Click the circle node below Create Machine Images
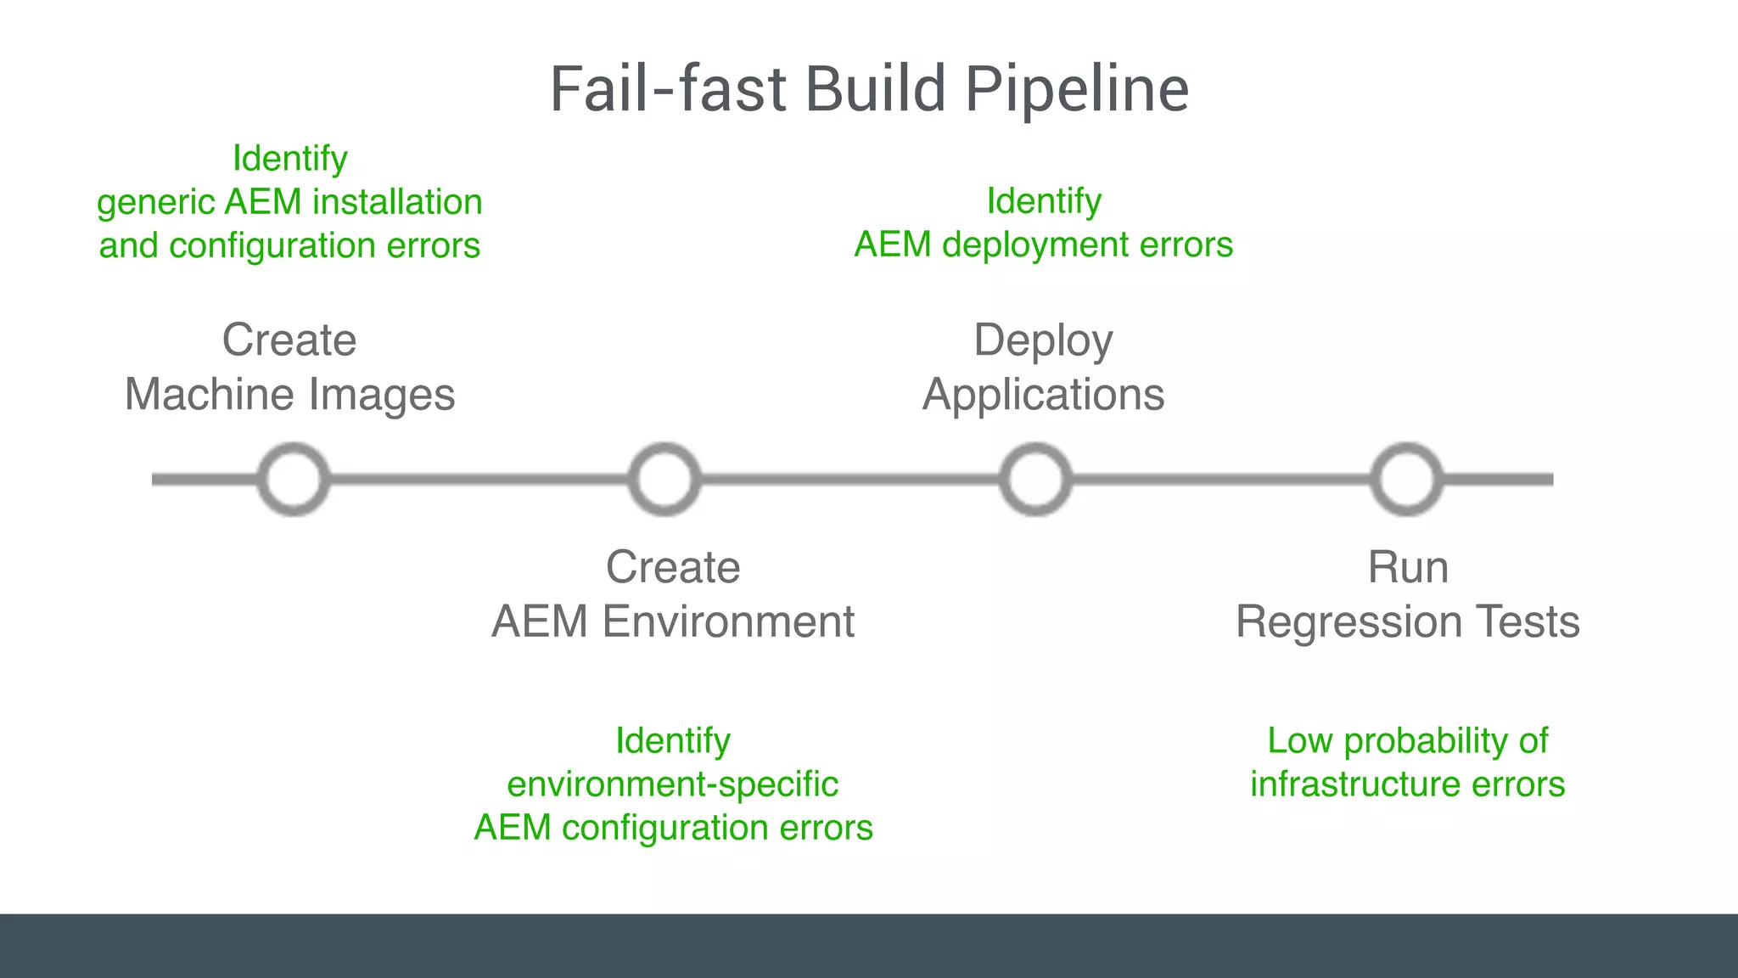294,480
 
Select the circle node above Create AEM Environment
664,480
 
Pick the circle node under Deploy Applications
1035,480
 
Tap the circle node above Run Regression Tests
1407,480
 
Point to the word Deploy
1043,341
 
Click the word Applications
1043,396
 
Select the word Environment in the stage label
728,621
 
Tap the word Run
1407,567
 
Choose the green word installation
397,202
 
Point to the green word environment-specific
672,784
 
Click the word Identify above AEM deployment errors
1043,201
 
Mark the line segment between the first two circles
479,480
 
